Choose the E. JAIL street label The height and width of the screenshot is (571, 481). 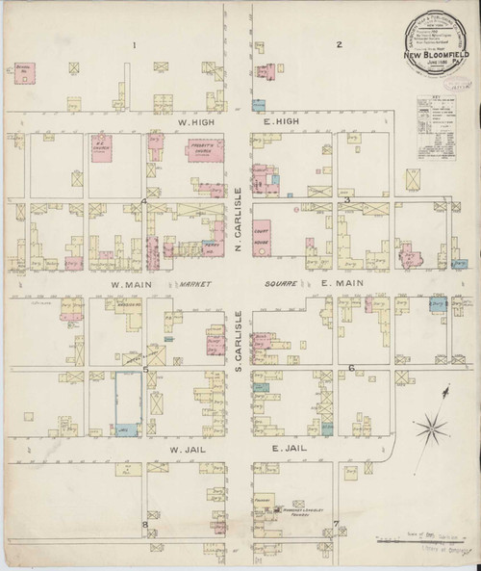pos(289,448)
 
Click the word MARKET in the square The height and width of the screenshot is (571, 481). pos(194,285)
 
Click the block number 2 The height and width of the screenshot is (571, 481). pos(338,44)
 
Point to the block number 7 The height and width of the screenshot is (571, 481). pos(336,524)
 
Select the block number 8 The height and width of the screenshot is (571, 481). pos(145,524)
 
